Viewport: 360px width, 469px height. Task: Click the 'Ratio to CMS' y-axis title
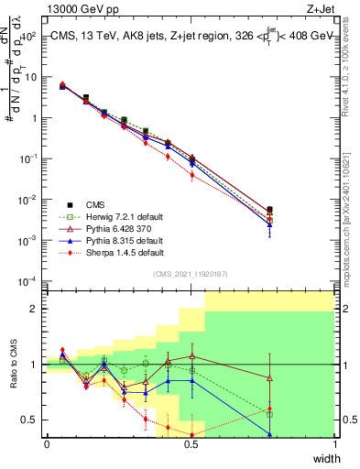(x=14, y=365)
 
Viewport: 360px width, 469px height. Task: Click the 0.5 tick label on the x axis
(x=191, y=445)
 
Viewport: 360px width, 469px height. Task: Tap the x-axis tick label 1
(x=335, y=445)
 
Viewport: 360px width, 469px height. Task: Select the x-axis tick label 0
(x=48, y=445)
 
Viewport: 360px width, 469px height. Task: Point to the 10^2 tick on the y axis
(x=27, y=36)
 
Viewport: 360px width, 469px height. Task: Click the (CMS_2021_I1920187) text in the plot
(x=191, y=273)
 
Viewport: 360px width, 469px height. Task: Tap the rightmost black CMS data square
(x=269, y=210)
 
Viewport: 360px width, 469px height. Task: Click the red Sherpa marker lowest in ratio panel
(x=191, y=434)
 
